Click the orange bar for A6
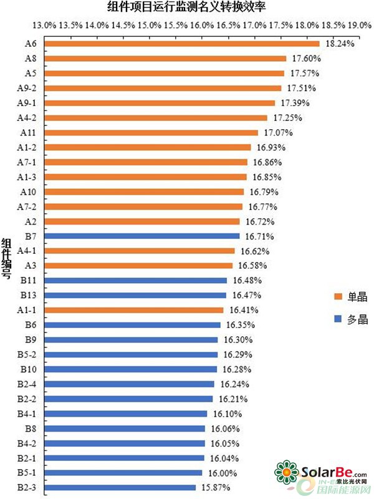coord(181,44)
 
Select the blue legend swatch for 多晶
coord(338,319)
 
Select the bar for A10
coord(143,191)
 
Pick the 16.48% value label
coord(247,280)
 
